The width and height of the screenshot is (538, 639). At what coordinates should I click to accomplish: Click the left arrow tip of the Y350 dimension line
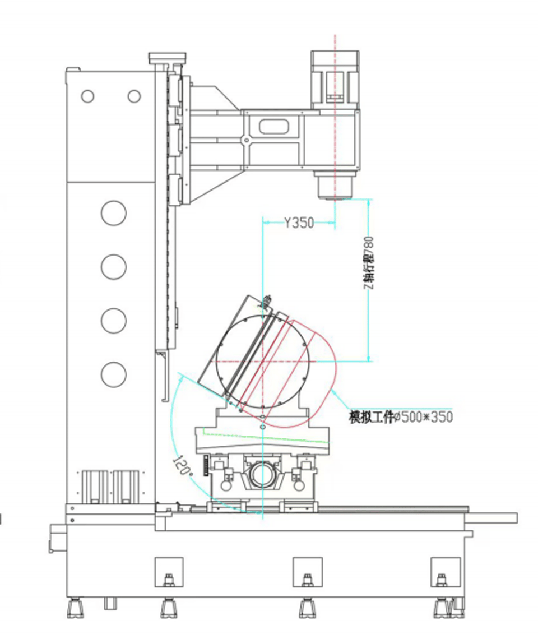coord(263,223)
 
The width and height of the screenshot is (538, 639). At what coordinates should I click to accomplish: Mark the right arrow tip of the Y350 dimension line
coord(335,223)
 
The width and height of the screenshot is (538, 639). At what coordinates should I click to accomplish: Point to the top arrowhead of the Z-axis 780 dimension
coord(369,200)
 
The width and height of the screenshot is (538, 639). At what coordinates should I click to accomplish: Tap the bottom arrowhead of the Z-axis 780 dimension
coord(369,360)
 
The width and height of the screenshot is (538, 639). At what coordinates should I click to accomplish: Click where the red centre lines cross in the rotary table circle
coord(263,361)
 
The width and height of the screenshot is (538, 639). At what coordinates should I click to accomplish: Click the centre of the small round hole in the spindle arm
coord(246,141)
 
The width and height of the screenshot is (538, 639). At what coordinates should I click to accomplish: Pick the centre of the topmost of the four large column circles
coord(113,213)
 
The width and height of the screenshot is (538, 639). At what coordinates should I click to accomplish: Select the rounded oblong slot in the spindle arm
coord(274,127)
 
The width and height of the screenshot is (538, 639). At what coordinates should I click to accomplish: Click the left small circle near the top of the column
coord(87,96)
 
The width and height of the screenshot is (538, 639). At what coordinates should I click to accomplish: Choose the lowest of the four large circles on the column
coord(113,374)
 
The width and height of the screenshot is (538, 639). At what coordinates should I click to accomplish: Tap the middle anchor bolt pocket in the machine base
coord(307,572)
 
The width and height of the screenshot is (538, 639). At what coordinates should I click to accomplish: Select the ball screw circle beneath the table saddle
coord(262,475)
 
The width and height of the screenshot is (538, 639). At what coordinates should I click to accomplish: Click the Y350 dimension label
coord(299,223)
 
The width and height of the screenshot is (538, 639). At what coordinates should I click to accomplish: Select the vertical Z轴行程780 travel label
coord(368,263)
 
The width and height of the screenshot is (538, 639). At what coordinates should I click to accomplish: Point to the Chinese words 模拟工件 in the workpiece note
coord(372,417)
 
